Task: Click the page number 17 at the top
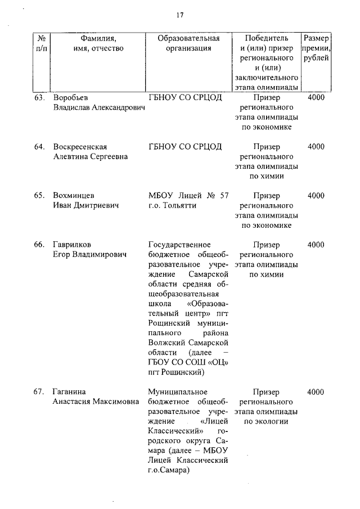click(x=180, y=15)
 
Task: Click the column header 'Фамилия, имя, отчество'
click(x=98, y=43)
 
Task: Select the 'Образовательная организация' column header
click(x=188, y=43)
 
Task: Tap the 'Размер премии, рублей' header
click(x=316, y=48)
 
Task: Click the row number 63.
click(x=39, y=98)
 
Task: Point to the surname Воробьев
click(x=73, y=98)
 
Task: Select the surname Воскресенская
click(x=80, y=147)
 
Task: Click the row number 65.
click(x=39, y=196)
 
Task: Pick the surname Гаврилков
click(x=72, y=245)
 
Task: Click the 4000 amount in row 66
click(x=316, y=245)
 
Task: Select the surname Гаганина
click(x=71, y=391)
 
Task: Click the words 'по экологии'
click(x=266, y=421)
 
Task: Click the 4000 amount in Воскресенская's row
click(x=316, y=147)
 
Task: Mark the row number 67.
click(x=39, y=391)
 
